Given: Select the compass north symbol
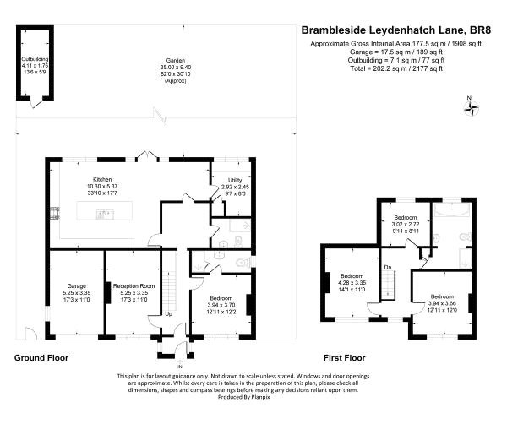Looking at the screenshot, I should (472, 106).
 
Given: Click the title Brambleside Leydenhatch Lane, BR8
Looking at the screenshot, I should (395, 30).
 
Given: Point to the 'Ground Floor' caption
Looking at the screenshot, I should (41, 358).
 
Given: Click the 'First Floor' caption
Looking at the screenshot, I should (345, 358).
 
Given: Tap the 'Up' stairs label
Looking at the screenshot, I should (168, 313).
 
